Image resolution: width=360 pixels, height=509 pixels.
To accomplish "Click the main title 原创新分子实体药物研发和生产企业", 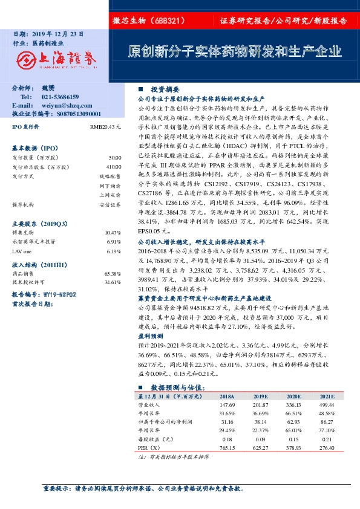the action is (234, 50).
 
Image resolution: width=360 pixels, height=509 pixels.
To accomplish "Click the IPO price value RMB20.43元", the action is (106, 128).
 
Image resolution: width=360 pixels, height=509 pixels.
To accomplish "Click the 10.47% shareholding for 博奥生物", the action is (113, 233).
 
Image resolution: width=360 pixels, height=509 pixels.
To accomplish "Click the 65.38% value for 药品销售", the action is (113, 273).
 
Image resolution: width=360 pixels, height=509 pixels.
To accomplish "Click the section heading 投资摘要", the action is (163, 88).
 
